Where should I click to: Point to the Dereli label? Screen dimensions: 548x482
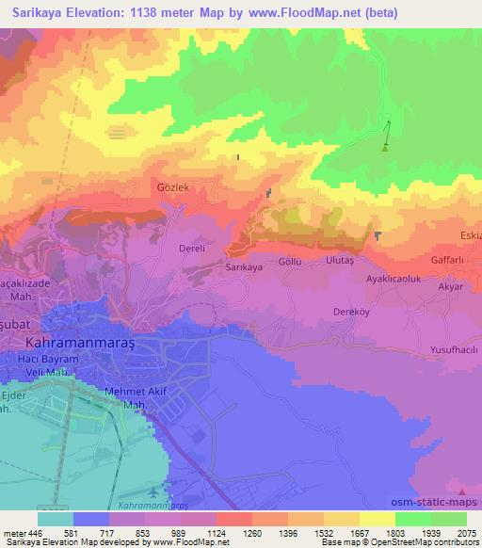tap(192, 249)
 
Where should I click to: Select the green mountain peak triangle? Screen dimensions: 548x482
tap(384, 147)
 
